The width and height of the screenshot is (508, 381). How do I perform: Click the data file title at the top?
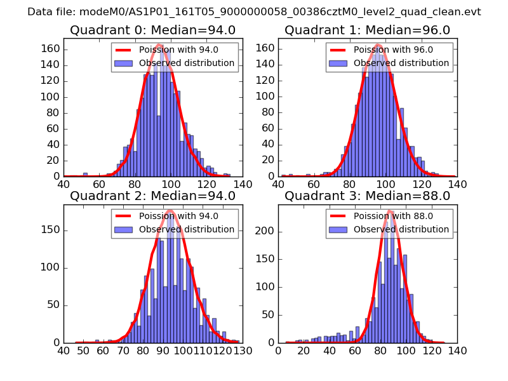coord(254,12)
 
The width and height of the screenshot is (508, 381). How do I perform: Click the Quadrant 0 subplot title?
coord(153,30)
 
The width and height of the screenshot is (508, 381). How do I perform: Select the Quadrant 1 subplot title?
coord(368,30)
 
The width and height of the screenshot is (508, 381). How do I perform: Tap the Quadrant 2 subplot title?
coord(153,196)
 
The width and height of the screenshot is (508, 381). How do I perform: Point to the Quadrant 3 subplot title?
coord(368,196)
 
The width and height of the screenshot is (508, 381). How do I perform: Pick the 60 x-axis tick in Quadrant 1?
coord(314,185)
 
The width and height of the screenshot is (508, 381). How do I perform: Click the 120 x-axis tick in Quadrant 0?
coord(207,185)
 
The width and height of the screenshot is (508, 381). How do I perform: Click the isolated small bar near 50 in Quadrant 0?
coord(85,174)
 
